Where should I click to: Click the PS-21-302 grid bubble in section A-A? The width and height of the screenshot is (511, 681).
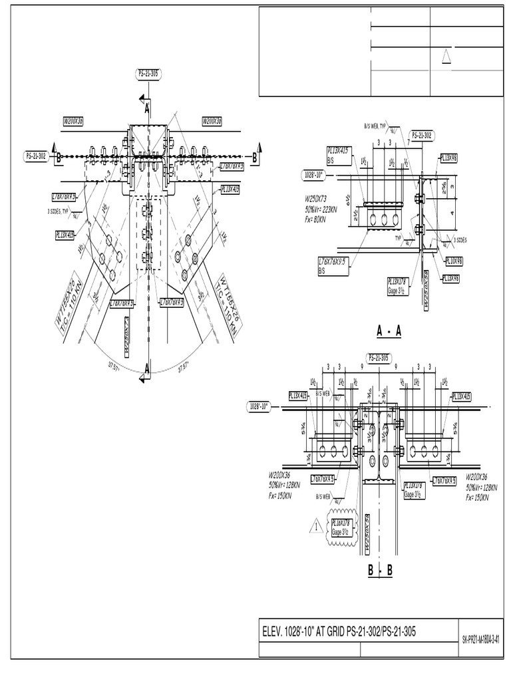[422, 135]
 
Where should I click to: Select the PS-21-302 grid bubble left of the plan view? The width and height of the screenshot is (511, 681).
[37, 156]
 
